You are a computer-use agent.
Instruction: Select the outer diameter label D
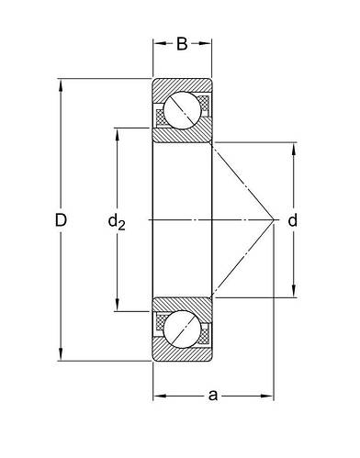coord(62,220)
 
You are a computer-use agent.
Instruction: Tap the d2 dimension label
coord(117,220)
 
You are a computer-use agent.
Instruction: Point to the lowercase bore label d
coord(293,220)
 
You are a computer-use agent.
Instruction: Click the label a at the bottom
coord(213,396)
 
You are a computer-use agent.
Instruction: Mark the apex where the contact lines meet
coord(277,220)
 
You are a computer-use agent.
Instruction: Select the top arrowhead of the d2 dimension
coord(117,130)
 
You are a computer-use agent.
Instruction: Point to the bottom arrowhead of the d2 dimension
coord(117,308)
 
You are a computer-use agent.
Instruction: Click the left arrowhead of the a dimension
coord(157,396)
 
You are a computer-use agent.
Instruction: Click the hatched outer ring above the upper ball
coord(182,85)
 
